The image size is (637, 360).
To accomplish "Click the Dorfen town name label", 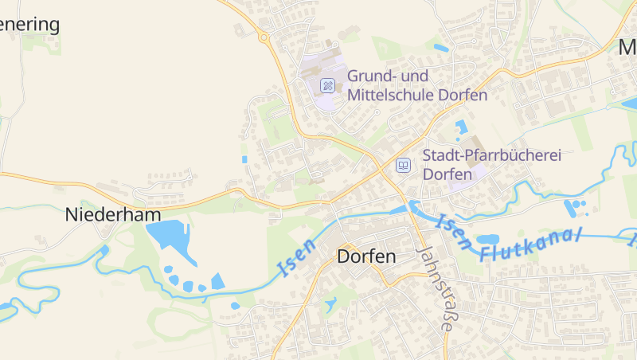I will coord(366,257).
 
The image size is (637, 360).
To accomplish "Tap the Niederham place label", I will coord(113,214).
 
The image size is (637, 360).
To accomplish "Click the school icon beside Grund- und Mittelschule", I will coord(327,85).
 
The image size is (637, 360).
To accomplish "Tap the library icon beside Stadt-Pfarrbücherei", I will coord(403,165).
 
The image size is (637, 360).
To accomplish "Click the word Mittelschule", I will coord(391,95).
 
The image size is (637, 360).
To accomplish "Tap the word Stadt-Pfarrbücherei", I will coord(491,155).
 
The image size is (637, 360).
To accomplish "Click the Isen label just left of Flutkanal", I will coord(455,231).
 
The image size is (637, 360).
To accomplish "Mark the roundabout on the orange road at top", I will coord(264,37).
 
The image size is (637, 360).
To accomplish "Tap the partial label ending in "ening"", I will coord(29,24).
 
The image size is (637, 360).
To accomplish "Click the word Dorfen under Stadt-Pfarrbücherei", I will coord(447,174).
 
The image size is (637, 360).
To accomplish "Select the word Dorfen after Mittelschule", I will coord(463,95).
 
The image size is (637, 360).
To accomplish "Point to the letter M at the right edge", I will coord(628,48).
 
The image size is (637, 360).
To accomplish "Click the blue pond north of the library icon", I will coord(460,126).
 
